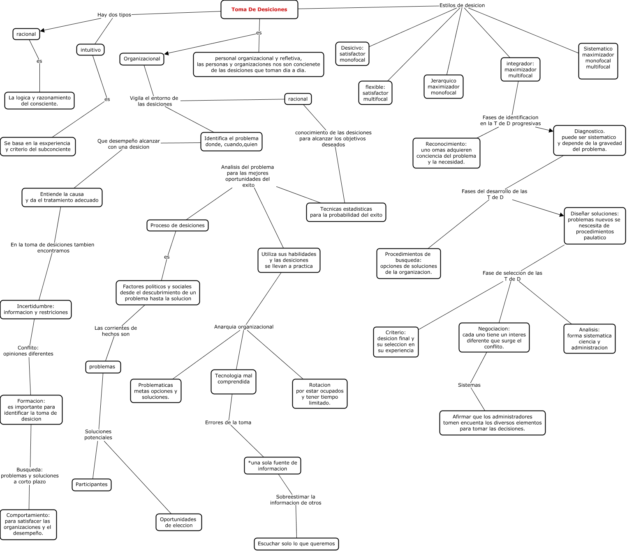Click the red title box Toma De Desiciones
pyautogui.click(x=259, y=9)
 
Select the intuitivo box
pyautogui.click(x=90, y=50)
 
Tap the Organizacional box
pyautogui.click(x=142, y=59)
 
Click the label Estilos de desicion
pyautogui.click(x=462, y=5)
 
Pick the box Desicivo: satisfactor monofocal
pyautogui.click(x=352, y=54)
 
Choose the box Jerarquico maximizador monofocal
pyautogui.click(x=443, y=87)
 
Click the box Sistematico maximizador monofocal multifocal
pyautogui.click(x=598, y=61)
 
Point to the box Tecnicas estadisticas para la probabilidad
pyautogui.click(x=346, y=212)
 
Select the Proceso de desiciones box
pyautogui.click(x=177, y=225)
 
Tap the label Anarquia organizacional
pyautogui.click(x=243, y=327)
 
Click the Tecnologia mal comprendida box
pyautogui.click(x=234, y=382)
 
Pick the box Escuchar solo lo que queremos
pyautogui.click(x=296, y=544)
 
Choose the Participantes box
pyautogui.click(x=91, y=484)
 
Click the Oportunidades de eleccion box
pyautogui.click(x=178, y=522)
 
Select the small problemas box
pyautogui.click(x=102, y=367)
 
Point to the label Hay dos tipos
pyautogui.click(x=114, y=15)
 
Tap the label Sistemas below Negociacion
pyautogui.click(x=469, y=385)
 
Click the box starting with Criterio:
pyautogui.click(x=396, y=342)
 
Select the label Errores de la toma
pyautogui.click(x=228, y=422)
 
